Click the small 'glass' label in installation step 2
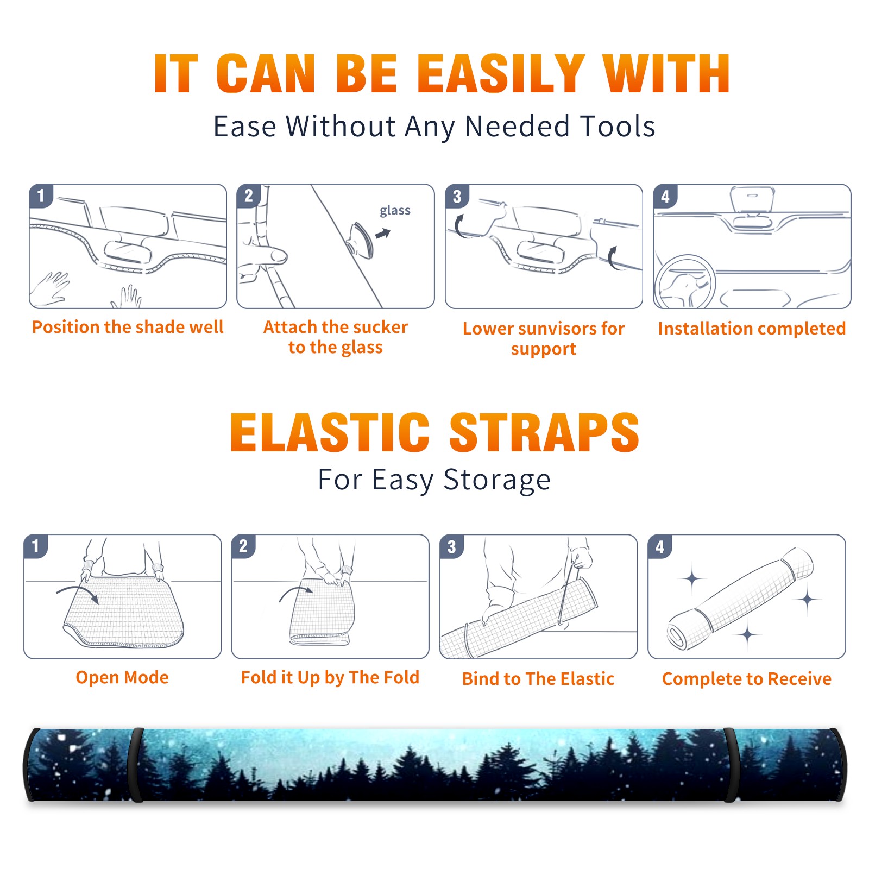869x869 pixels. coord(395,211)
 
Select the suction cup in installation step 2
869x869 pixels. coord(361,240)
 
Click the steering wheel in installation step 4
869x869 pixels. coord(685,282)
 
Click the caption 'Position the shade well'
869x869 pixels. coord(128,327)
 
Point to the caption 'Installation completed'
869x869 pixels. coord(752,328)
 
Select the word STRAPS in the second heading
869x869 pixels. coord(544,432)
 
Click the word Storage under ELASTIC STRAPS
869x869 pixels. coord(497,480)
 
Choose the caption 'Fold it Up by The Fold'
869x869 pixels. coord(330,677)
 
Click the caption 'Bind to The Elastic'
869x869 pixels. coord(538,679)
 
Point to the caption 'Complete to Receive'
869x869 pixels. coord(747,679)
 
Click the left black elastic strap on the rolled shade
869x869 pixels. coord(135,765)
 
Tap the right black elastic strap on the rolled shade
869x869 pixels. coord(731,765)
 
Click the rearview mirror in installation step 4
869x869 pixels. coord(752,199)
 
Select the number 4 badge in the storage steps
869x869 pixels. coord(660,546)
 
